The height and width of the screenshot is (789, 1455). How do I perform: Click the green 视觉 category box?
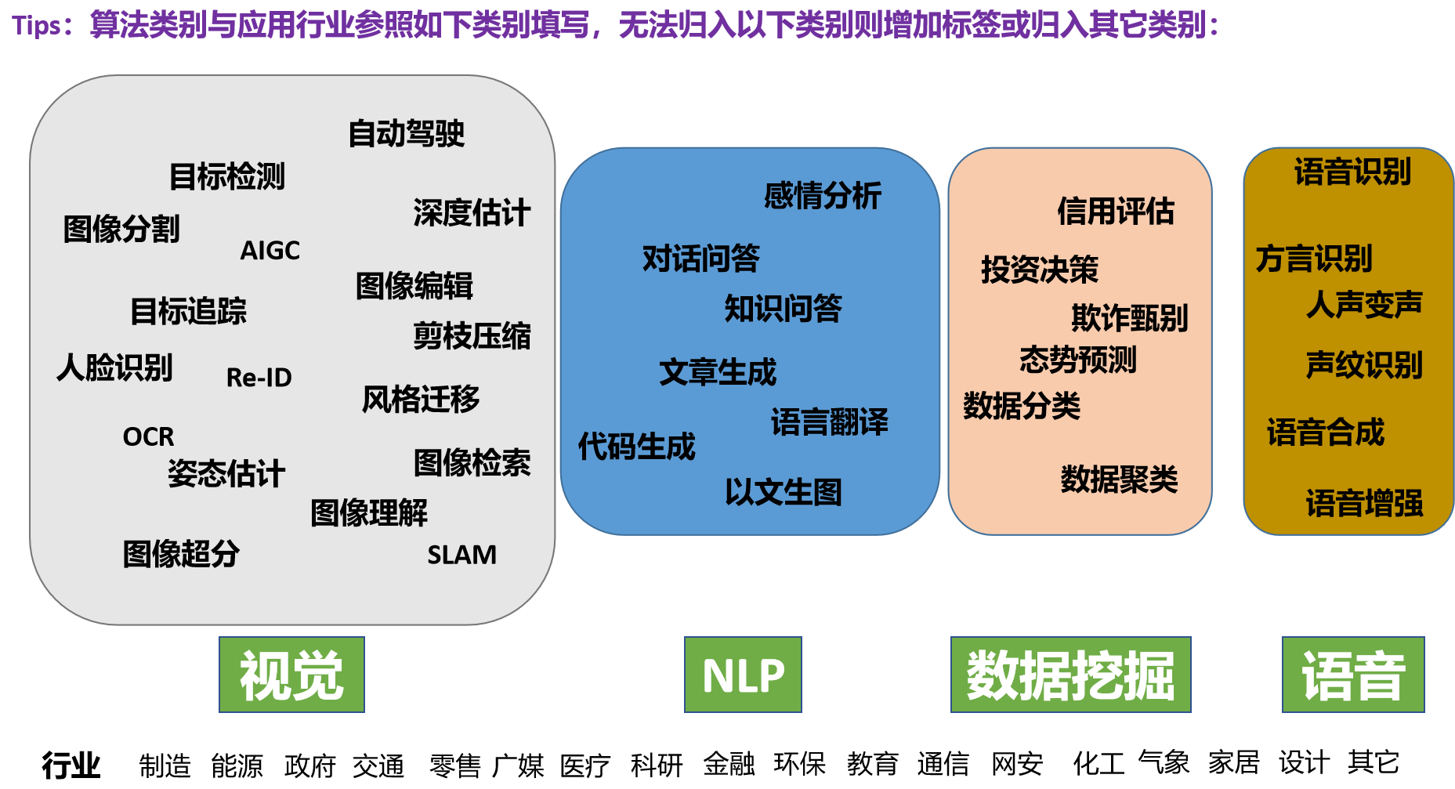point(291,675)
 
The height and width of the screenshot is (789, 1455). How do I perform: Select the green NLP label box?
point(743,675)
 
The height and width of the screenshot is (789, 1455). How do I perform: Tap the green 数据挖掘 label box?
point(1070,675)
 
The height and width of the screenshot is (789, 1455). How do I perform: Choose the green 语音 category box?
point(1353,675)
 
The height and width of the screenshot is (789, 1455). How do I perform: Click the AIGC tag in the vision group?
point(270,251)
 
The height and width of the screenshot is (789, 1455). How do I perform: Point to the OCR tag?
point(148,436)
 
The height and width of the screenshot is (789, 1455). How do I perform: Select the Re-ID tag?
point(259,378)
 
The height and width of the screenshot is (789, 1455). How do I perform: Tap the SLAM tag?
point(461,555)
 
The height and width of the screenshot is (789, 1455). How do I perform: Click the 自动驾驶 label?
point(406,133)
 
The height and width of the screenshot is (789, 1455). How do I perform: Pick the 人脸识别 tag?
point(114,367)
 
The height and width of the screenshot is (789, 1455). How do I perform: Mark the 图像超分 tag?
point(181,554)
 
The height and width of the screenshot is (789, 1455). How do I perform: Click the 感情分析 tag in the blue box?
point(823,196)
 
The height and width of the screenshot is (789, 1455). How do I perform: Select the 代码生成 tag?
point(636,447)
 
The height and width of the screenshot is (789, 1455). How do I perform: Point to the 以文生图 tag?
point(783,492)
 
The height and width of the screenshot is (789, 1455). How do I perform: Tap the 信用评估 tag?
point(1116,211)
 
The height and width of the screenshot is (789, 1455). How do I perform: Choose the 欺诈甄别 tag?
point(1130,318)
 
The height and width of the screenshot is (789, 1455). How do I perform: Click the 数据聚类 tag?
point(1119,479)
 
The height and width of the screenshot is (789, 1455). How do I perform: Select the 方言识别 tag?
point(1314,259)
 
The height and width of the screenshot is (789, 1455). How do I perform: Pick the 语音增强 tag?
point(1364,503)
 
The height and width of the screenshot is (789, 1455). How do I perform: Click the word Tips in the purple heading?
point(36,26)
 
